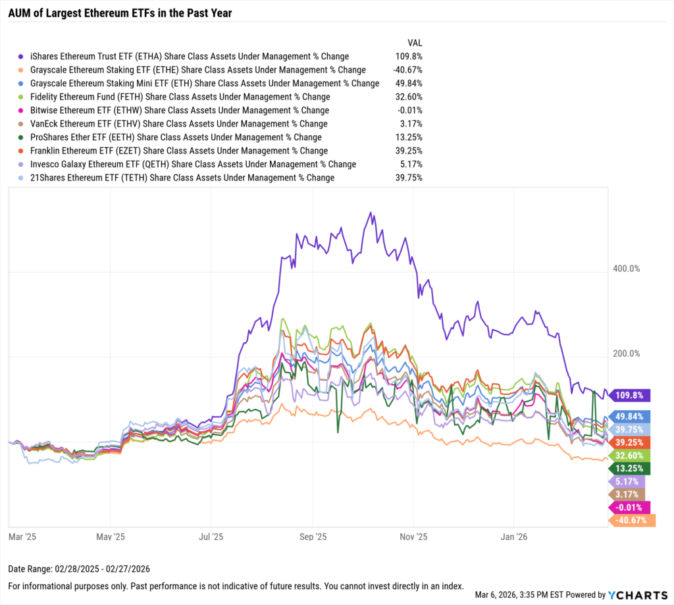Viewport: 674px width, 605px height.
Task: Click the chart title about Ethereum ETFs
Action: pos(120,13)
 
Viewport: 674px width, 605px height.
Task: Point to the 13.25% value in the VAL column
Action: pos(407,137)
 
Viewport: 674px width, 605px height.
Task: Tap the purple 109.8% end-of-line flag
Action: pos(631,395)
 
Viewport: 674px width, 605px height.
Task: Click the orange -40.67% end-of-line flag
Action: pos(633,520)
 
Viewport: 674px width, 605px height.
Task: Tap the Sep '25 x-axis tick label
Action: pos(317,536)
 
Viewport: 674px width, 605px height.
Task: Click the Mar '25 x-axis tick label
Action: pos(22,536)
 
